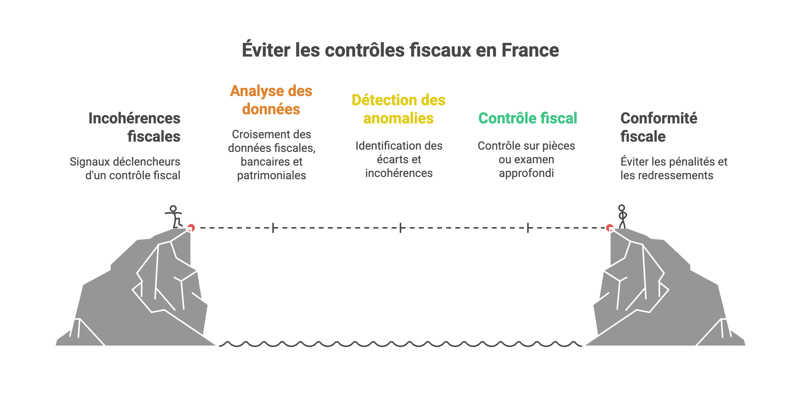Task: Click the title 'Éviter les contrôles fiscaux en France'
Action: (x=400, y=50)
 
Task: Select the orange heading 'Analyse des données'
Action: (x=271, y=100)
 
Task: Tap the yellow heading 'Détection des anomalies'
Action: (x=398, y=109)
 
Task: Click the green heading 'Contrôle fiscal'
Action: (x=528, y=118)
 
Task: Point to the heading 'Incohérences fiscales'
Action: (x=134, y=127)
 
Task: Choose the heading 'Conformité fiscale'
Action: (x=658, y=127)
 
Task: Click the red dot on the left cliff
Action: (x=191, y=227)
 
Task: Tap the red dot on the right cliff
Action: (x=609, y=228)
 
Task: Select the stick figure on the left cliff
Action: (x=174, y=216)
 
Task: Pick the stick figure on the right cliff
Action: (x=622, y=216)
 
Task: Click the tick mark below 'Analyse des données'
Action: (x=273, y=228)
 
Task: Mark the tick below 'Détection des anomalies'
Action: (x=400, y=228)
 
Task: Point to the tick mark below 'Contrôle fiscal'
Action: (x=528, y=228)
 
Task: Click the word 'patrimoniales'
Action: (x=272, y=175)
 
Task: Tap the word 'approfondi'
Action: (x=526, y=173)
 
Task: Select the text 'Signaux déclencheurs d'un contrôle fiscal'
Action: (x=125, y=169)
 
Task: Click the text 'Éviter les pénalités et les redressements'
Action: (x=674, y=169)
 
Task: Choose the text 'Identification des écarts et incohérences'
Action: (x=399, y=159)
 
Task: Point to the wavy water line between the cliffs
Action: (x=400, y=344)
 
